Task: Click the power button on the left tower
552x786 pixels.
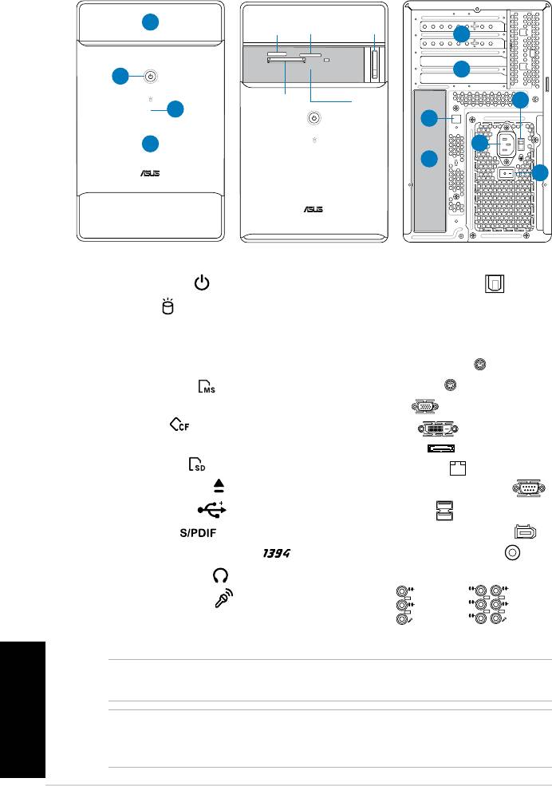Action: click(150, 77)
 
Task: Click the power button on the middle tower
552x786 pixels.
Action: click(313, 118)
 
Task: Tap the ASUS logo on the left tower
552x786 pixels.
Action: click(150, 173)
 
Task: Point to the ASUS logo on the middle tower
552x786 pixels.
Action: click(313, 209)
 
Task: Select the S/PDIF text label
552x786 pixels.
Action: click(198, 533)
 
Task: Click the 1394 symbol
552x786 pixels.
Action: click(277, 554)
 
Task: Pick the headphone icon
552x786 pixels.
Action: click(220, 575)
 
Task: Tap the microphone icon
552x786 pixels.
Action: click(224, 598)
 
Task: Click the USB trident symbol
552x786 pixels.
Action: click(212, 509)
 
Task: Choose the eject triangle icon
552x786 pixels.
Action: click(219, 486)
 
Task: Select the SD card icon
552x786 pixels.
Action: click(197, 464)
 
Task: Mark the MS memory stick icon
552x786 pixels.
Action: click(207, 386)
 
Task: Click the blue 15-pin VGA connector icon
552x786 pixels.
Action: click(425, 406)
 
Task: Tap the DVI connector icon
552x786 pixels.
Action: click(438, 429)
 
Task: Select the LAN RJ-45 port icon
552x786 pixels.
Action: click(458, 468)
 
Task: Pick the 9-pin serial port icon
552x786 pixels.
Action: click(528, 488)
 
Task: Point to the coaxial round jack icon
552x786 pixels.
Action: click(512, 552)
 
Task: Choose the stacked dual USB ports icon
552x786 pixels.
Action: click(444, 510)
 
